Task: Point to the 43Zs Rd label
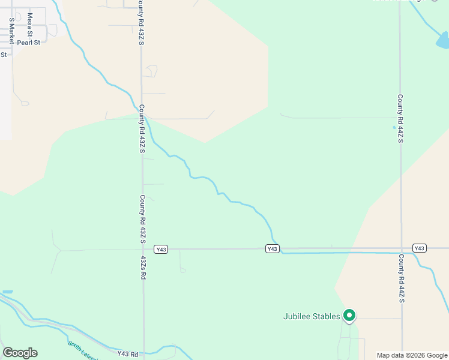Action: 143,268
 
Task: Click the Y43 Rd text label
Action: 128,354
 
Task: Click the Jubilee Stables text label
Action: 312,316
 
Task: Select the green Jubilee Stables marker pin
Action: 349,315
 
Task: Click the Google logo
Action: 20,353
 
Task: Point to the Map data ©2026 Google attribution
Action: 412,355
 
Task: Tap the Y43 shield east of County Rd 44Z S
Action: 420,248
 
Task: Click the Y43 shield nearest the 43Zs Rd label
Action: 160,249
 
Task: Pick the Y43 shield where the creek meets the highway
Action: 273,248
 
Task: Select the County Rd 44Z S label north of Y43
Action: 400,118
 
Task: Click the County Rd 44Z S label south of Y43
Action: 401,278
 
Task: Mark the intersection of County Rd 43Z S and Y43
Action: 143,249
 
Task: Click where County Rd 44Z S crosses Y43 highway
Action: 401,248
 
